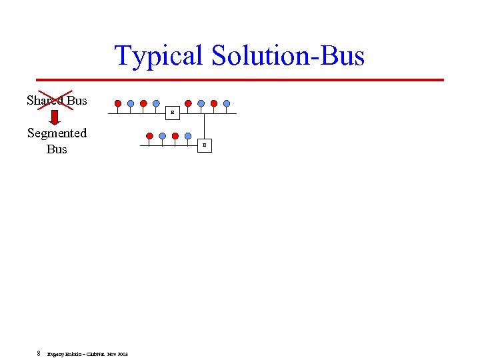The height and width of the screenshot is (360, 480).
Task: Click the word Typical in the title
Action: (x=160, y=55)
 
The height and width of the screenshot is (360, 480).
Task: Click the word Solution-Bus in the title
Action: (x=288, y=55)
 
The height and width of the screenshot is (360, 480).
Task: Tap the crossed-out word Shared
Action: (x=44, y=101)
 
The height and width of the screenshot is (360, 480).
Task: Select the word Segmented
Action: (x=57, y=133)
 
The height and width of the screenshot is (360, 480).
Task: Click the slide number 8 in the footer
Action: (x=39, y=353)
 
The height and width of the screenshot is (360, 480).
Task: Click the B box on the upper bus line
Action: (x=172, y=113)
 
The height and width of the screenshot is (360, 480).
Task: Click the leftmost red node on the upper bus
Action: (x=118, y=103)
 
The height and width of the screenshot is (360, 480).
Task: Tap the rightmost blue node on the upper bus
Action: (x=227, y=103)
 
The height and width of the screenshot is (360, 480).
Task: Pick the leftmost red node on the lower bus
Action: (x=150, y=135)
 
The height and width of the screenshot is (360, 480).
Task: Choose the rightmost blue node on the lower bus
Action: (x=188, y=135)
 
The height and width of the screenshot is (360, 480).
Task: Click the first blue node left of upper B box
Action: (x=156, y=103)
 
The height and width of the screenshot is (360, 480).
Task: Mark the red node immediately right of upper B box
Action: (x=188, y=103)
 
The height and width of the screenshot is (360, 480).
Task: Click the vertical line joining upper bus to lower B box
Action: (x=205, y=127)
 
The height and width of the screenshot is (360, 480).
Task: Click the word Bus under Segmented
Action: (x=57, y=149)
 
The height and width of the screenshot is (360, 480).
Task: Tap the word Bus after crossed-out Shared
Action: (x=77, y=101)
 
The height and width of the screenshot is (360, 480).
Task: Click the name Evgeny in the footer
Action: (x=55, y=354)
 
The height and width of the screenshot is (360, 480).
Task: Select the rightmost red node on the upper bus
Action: (x=214, y=103)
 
